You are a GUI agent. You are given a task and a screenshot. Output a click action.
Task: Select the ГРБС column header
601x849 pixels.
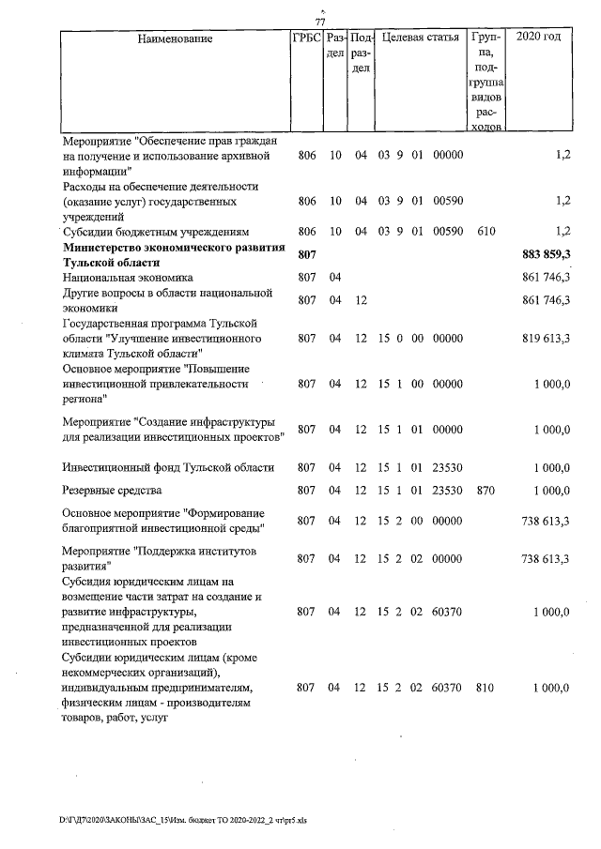[307, 38]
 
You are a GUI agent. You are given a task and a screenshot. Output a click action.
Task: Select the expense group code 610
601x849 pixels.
[485, 231]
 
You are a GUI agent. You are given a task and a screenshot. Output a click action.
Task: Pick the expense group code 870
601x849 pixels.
[485, 491]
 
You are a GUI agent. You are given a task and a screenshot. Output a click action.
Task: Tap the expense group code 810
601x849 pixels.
[485, 688]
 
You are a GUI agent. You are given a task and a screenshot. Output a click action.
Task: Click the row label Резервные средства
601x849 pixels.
[112, 491]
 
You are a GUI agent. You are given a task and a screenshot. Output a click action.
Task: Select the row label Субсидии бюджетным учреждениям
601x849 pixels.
[156, 231]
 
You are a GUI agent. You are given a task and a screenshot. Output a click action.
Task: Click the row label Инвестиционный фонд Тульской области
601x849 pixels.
[167, 467]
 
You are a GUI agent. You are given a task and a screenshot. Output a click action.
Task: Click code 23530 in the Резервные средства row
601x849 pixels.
[448, 491]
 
